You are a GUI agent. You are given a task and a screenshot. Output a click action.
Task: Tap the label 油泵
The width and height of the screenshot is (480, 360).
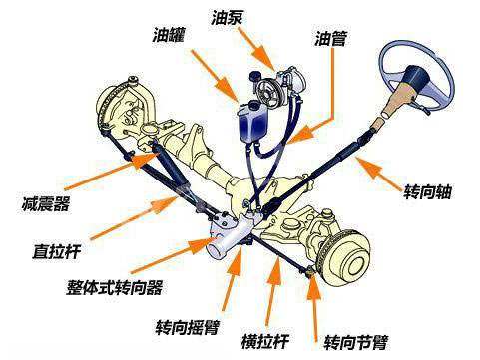227,17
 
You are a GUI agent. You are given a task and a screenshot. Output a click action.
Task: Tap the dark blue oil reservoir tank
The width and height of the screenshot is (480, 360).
248,124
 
